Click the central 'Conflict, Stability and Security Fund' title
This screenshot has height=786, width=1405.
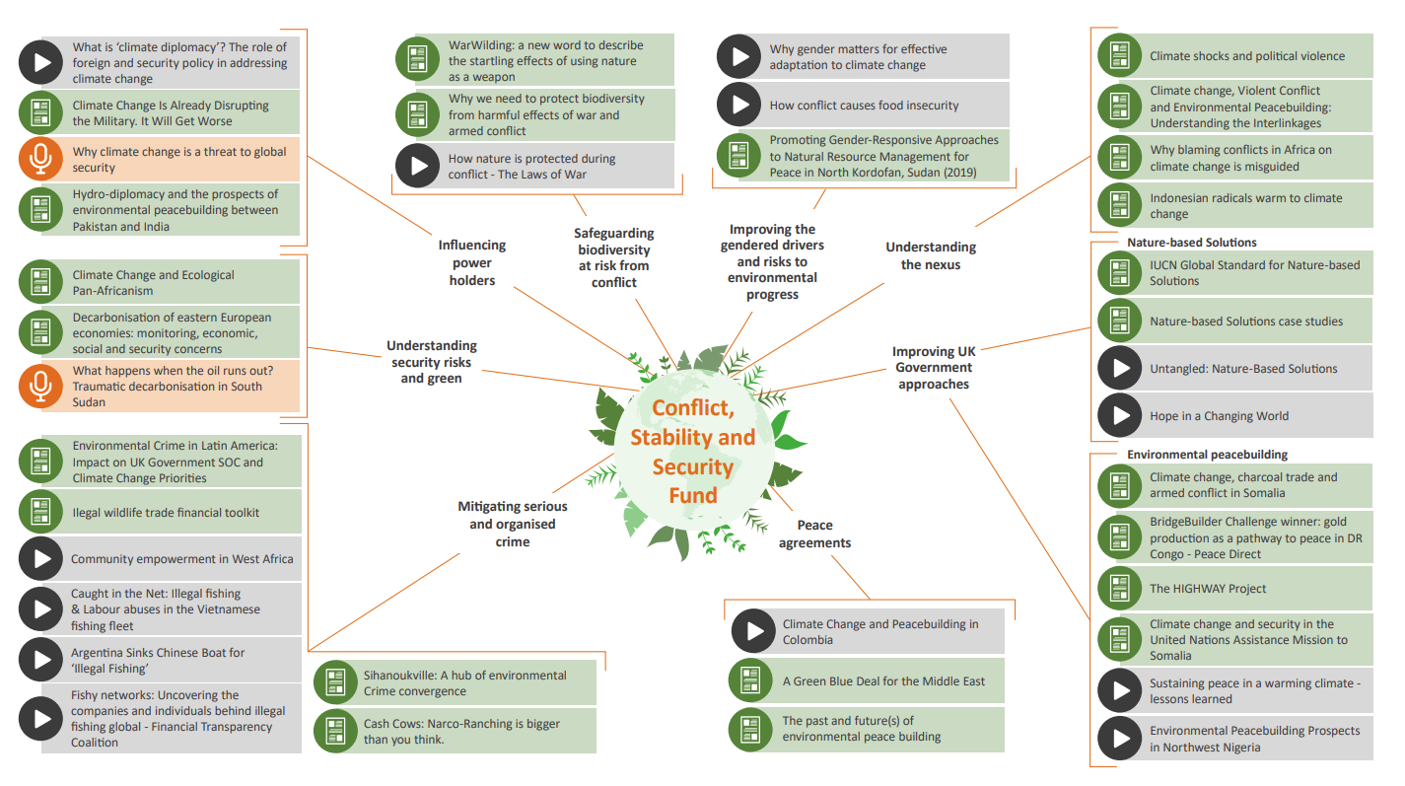(692, 451)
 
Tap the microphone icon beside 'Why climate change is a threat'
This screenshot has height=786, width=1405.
(40, 160)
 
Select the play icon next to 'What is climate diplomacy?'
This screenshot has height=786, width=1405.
(40, 62)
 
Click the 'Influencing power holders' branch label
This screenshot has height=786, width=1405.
(472, 262)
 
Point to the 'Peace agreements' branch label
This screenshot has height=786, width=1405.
(814, 534)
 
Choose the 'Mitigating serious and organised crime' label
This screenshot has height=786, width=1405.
(513, 524)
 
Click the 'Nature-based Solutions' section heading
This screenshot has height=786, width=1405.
(1191, 242)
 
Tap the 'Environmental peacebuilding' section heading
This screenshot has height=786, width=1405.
(1207, 454)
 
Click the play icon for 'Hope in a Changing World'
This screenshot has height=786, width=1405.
(1119, 416)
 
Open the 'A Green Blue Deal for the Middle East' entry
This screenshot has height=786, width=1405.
(883, 681)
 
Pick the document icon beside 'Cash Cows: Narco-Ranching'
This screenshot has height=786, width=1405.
(335, 732)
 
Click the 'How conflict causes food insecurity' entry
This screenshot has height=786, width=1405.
(864, 106)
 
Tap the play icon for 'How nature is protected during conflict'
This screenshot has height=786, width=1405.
(417, 166)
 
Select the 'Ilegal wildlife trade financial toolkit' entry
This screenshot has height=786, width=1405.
(166, 513)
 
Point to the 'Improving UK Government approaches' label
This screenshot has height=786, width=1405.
(933, 368)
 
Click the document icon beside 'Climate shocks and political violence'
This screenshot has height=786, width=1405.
(1119, 56)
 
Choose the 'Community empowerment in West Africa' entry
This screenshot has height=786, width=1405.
(181, 559)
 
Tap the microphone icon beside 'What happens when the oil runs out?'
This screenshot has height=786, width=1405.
(40, 387)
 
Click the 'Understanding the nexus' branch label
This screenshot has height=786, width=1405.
(931, 255)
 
